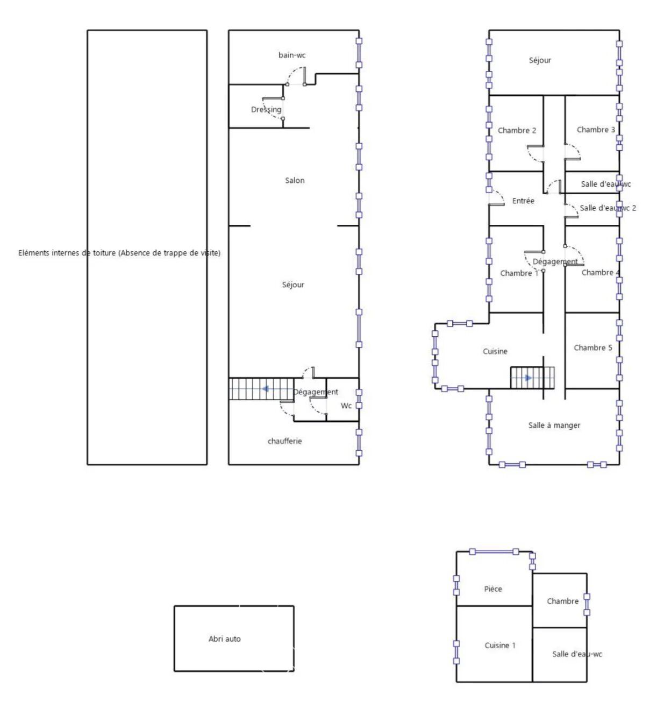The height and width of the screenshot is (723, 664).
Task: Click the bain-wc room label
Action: [x=292, y=55]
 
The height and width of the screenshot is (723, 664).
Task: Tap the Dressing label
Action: [x=266, y=110]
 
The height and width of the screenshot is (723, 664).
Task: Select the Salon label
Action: [x=294, y=180]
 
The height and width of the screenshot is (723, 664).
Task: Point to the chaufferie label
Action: [x=284, y=441]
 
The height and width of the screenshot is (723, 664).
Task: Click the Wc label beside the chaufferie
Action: [x=346, y=406]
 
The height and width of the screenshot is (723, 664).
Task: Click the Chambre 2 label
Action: [x=517, y=131]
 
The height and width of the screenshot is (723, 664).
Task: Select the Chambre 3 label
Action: [x=596, y=130]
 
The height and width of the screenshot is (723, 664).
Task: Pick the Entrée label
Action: [x=523, y=201]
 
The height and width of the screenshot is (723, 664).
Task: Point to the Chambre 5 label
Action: [x=592, y=348]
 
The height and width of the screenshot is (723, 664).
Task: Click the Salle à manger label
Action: [x=554, y=426]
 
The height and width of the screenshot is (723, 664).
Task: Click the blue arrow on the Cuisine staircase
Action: [x=528, y=378]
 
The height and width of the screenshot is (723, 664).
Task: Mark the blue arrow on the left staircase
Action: [x=265, y=389]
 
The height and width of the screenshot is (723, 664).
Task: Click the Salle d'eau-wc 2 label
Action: [x=608, y=208]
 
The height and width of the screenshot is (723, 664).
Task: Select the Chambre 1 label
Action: [x=519, y=273]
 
